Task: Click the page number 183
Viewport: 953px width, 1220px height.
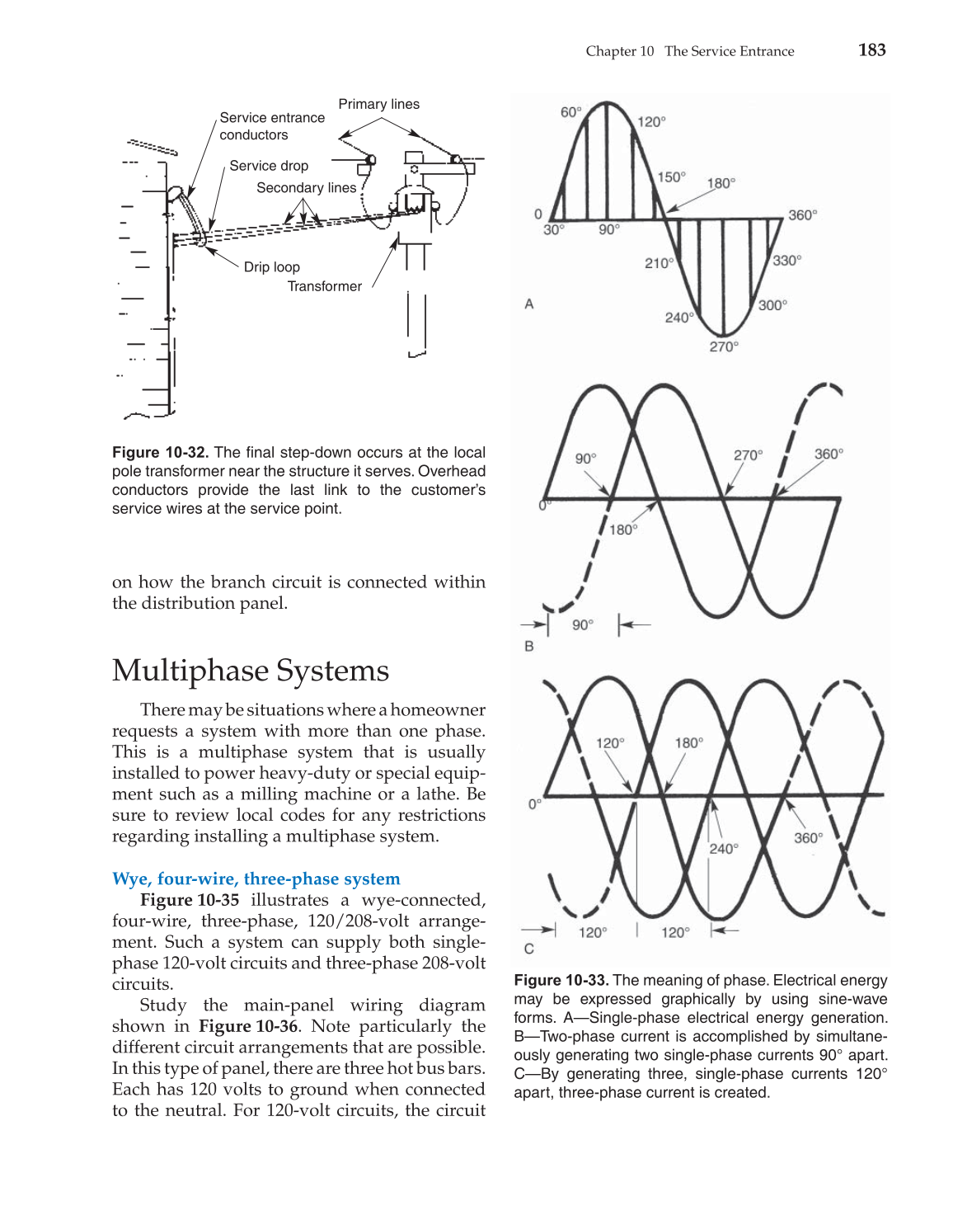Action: (871, 50)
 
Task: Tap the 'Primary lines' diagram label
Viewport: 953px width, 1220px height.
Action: (378, 104)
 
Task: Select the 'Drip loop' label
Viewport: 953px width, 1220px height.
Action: (271, 267)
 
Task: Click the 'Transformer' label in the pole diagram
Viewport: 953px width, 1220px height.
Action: (324, 286)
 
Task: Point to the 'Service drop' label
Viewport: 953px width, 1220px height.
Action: (269, 166)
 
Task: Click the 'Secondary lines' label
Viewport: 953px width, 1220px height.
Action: (306, 188)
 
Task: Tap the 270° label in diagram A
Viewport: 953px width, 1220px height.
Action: (723, 347)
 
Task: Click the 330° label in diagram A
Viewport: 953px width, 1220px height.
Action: (786, 261)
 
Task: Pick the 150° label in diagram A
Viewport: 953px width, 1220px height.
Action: (671, 177)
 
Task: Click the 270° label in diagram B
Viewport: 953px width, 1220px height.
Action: (748, 455)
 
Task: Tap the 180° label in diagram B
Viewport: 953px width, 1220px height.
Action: (622, 530)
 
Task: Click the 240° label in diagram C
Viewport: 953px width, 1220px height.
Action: (724, 848)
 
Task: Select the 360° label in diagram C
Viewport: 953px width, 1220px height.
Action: (808, 838)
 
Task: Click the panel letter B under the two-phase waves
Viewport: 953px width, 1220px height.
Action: (529, 646)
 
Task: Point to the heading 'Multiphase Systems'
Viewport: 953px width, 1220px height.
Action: (250, 671)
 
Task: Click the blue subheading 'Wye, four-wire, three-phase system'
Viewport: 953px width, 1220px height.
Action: (256, 878)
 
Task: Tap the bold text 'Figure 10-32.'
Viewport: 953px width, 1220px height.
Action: (161, 452)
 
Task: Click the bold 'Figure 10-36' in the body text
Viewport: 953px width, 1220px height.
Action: (248, 1026)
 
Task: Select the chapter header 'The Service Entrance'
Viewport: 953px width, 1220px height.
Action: (729, 51)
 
